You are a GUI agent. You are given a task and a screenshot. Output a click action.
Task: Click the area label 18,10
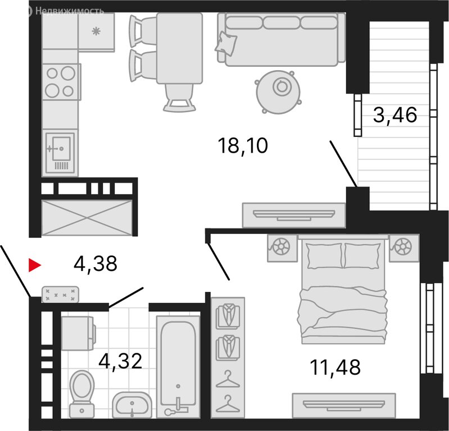point(243,146)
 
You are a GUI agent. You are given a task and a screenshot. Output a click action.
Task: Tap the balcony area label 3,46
point(395,115)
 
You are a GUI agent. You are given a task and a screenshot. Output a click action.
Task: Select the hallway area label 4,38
point(96,264)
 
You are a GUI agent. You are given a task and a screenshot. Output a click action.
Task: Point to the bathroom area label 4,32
point(120,361)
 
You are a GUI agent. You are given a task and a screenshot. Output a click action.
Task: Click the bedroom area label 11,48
point(335,367)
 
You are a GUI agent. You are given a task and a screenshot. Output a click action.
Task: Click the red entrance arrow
point(35,265)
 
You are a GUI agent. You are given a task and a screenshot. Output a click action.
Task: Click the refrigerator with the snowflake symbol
point(96,31)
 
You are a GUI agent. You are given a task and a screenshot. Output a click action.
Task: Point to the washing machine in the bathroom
point(79,333)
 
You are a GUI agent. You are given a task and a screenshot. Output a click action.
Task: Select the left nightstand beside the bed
point(282,248)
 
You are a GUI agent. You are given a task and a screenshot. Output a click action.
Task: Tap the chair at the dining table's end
point(179,98)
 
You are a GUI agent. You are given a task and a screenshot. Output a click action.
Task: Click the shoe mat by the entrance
point(61,294)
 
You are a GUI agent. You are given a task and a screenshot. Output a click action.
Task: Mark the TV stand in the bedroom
point(343,406)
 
